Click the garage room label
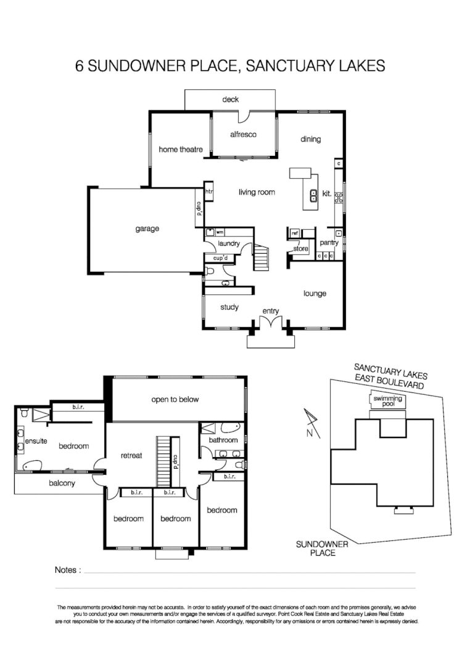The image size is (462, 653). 147,229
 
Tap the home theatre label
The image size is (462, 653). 176,149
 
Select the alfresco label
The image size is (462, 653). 243,134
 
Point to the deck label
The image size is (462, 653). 230,99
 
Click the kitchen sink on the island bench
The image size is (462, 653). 313,197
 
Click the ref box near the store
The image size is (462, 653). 295,233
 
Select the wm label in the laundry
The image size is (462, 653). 219,232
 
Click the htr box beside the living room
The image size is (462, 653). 208,192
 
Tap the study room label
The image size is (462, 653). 229,307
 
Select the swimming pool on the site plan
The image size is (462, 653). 388,401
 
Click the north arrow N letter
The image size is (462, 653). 308,432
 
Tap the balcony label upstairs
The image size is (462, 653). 62,483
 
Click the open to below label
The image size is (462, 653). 175,399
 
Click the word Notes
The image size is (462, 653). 67,570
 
